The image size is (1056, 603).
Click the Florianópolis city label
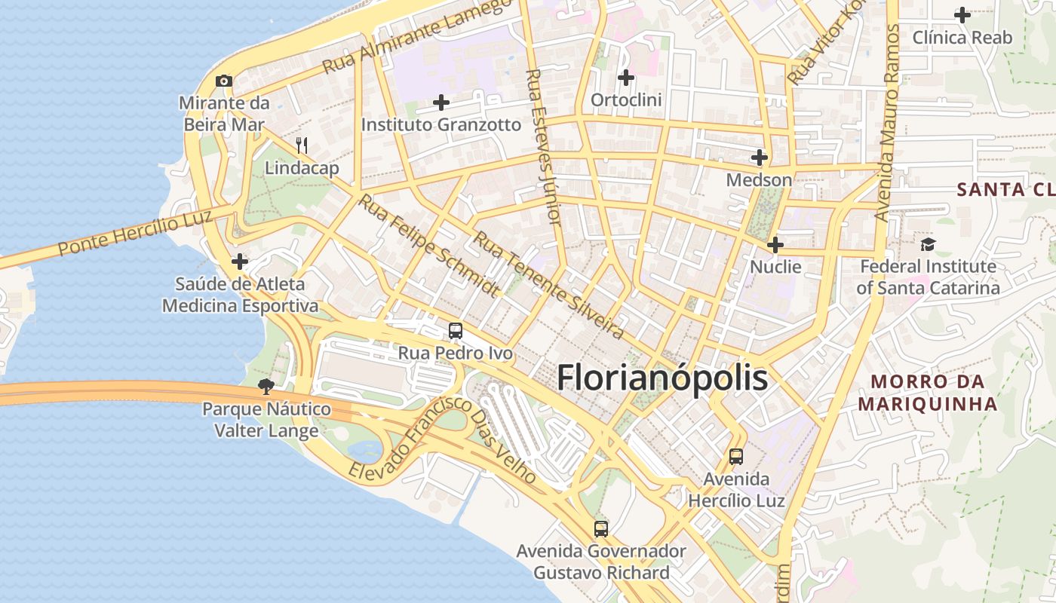(x=662, y=378)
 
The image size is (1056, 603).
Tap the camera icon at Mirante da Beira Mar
(x=223, y=81)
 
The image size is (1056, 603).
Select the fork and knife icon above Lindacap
(x=302, y=145)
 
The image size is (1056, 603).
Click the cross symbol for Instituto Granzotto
(x=441, y=103)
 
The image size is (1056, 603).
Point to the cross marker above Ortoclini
(x=625, y=77)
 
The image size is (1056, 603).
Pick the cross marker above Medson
(x=760, y=158)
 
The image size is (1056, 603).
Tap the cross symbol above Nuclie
(x=775, y=245)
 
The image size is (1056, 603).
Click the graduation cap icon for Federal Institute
(x=927, y=244)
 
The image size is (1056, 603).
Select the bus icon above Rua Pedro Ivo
(x=455, y=330)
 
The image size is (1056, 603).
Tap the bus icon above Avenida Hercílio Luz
(x=735, y=456)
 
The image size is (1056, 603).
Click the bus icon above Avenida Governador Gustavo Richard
(x=600, y=528)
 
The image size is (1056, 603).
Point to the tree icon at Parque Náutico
(x=266, y=387)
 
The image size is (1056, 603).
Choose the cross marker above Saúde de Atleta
(x=240, y=262)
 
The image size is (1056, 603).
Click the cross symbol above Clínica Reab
(x=962, y=14)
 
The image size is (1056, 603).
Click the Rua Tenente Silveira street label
(x=548, y=285)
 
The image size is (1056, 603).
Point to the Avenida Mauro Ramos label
(x=887, y=122)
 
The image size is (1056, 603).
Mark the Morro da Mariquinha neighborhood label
(x=928, y=393)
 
